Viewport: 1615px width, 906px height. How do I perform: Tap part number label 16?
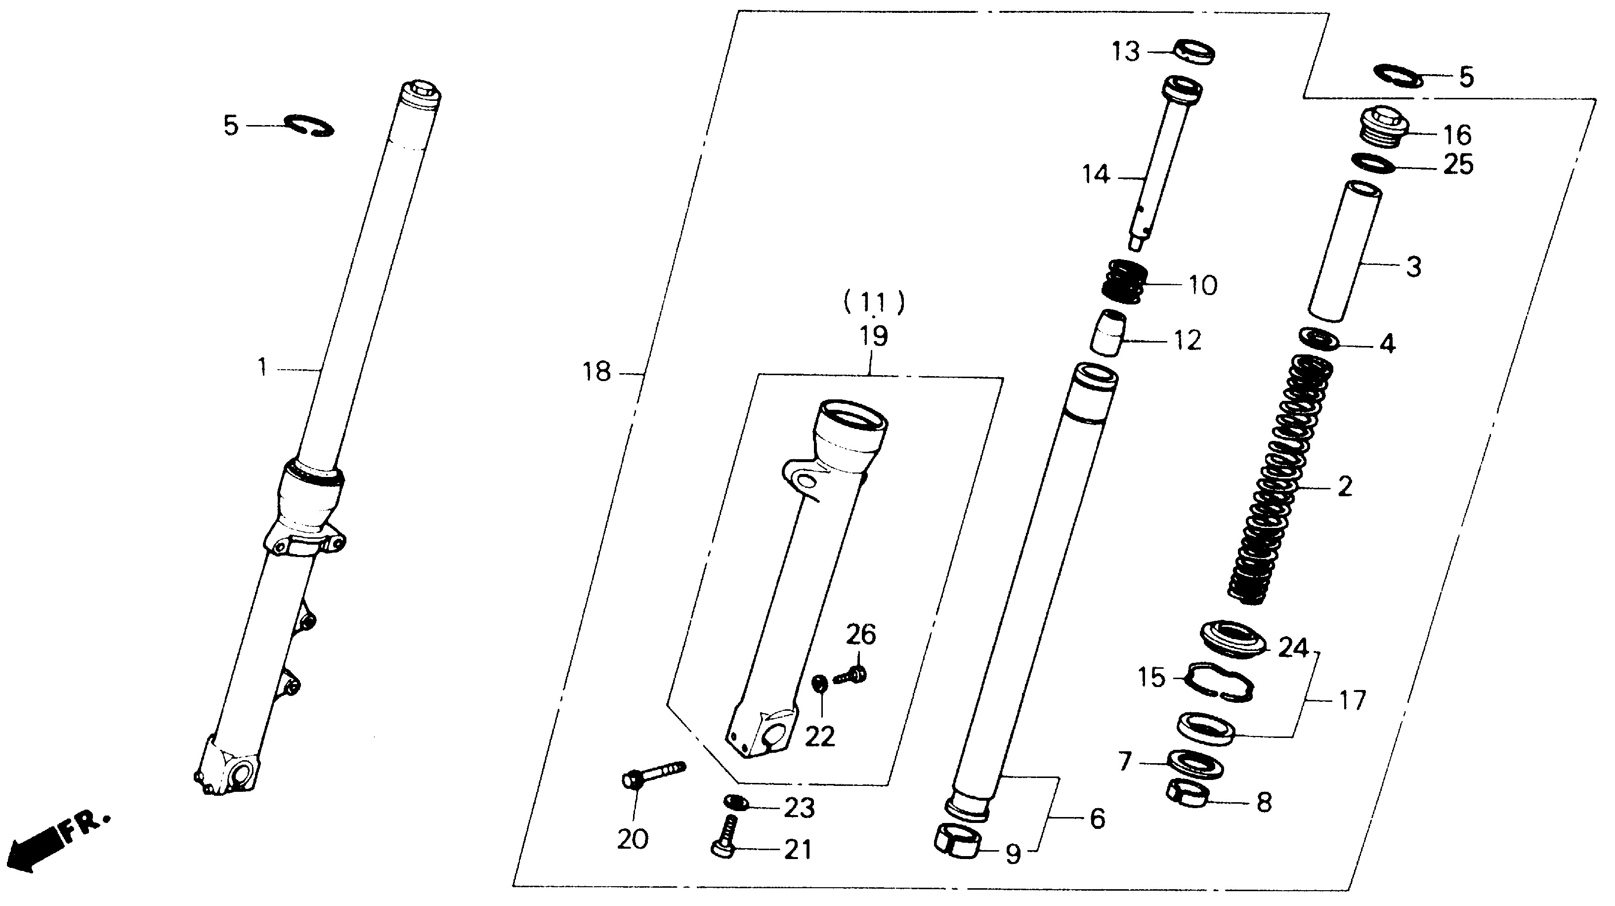tap(1457, 135)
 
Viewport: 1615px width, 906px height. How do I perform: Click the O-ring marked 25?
tap(1373, 163)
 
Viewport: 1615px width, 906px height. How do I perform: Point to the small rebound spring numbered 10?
tap(1125, 282)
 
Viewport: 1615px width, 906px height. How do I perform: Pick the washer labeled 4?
tap(1319, 339)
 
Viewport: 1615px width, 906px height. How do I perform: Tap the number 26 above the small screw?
tap(861, 635)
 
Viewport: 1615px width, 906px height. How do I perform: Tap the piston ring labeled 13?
tap(1194, 51)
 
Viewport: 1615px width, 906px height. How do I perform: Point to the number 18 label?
tap(596, 372)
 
